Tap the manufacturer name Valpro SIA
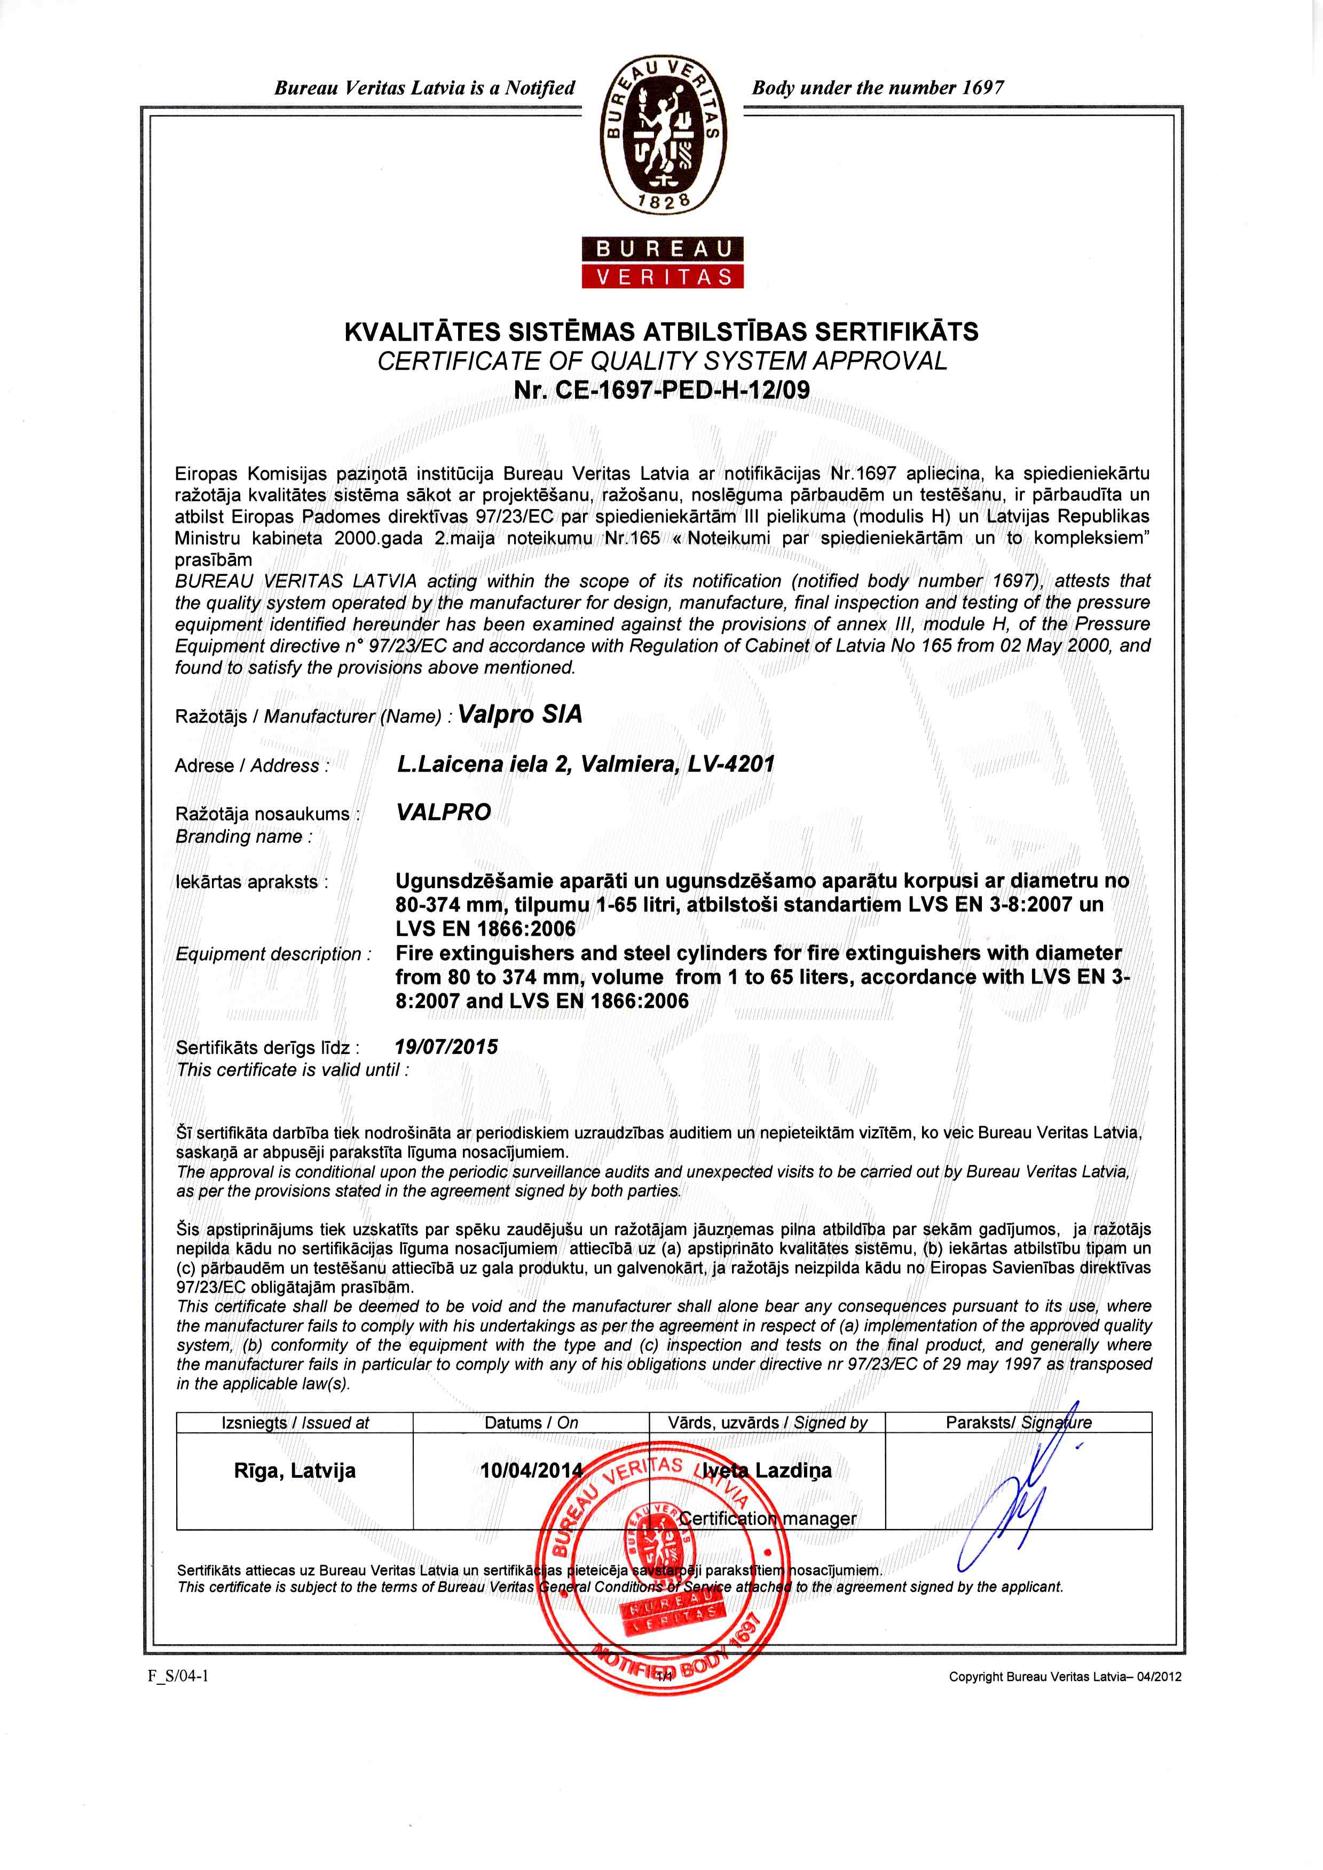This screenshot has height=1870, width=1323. click(x=520, y=714)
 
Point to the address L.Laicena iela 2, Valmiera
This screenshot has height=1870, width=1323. click(x=585, y=764)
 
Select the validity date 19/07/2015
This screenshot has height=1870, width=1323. click(x=446, y=1047)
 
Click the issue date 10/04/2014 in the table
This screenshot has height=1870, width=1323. click(x=531, y=1470)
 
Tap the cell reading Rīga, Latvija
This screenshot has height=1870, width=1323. click(x=294, y=1470)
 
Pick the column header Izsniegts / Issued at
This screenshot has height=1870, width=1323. click(x=295, y=1422)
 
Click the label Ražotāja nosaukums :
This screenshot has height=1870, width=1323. click(x=267, y=814)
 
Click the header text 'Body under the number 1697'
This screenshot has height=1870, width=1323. click(x=877, y=87)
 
